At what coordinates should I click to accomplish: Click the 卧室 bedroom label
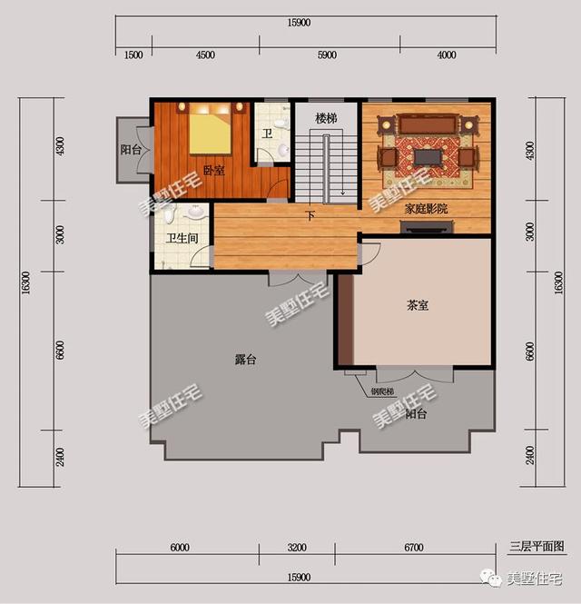click(x=213, y=170)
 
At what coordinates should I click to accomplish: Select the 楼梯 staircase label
click(x=326, y=118)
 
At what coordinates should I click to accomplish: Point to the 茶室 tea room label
click(x=418, y=305)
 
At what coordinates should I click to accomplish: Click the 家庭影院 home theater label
click(x=426, y=208)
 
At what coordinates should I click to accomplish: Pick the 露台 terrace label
click(x=245, y=360)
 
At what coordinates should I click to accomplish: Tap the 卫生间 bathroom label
click(x=182, y=238)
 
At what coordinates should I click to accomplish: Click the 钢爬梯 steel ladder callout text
click(x=382, y=391)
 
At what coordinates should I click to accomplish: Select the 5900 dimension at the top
click(x=327, y=54)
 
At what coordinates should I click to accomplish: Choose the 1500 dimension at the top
click(x=133, y=54)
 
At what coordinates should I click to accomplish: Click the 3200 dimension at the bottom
click(x=297, y=548)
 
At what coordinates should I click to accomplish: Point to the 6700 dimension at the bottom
click(x=414, y=548)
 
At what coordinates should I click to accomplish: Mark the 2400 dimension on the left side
click(x=60, y=456)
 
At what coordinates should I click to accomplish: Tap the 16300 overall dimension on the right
click(x=558, y=283)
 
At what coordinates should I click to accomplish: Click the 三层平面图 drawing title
click(x=537, y=546)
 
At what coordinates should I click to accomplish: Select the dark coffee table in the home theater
click(x=428, y=157)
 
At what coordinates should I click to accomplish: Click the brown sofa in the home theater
click(x=428, y=124)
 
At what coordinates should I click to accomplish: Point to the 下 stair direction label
click(x=310, y=215)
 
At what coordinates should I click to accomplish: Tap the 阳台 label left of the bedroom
click(x=131, y=150)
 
